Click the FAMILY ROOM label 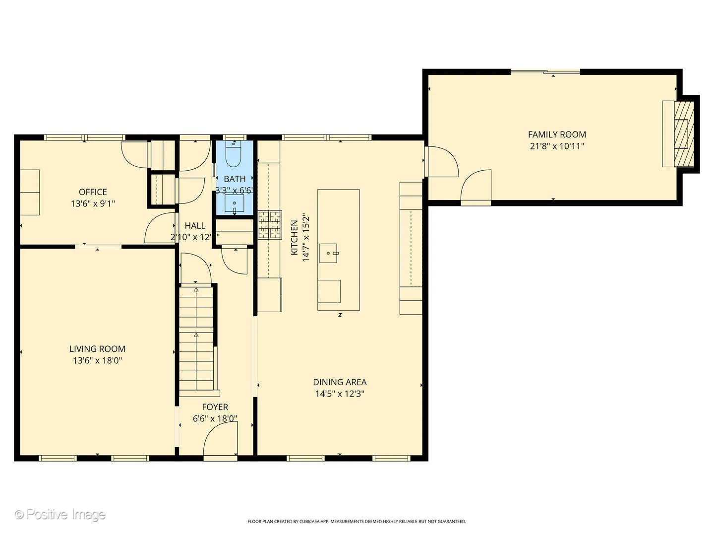click(x=557, y=134)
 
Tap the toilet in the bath click(x=233, y=155)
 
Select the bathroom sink click(x=234, y=203)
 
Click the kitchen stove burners click(x=269, y=225)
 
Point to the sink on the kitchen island click(x=328, y=253)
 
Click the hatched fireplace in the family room click(x=684, y=134)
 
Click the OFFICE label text click(x=93, y=192)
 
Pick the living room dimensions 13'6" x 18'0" click(x=97, y=361)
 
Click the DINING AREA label click(x=340, y=382)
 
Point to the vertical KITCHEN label click(x=295, y=238)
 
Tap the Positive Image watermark click(x=60, y=514)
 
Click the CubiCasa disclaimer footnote click(x=357, y=522)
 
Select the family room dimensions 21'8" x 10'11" click(x=557, y=146)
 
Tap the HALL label click(x=195, y=226)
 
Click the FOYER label click(x=215, y=407)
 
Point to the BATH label click(x=235, y=179)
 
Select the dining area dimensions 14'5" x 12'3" click(x=340, y=394)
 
